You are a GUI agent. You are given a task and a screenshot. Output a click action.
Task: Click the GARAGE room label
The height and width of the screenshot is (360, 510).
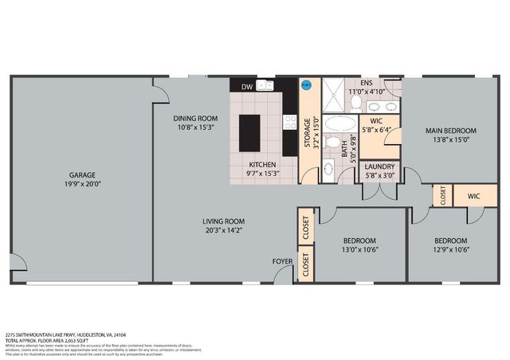[81, 174]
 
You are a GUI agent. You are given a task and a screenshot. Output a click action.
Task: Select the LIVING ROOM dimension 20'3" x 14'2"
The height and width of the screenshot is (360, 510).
[223, 232]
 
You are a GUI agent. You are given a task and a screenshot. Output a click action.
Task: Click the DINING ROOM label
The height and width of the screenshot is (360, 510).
[195, 119]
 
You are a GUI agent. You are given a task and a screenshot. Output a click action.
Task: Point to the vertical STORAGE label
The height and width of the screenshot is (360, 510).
[307, 135]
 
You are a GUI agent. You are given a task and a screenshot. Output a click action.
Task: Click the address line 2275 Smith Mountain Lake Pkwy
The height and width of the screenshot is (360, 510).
[65, 335]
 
